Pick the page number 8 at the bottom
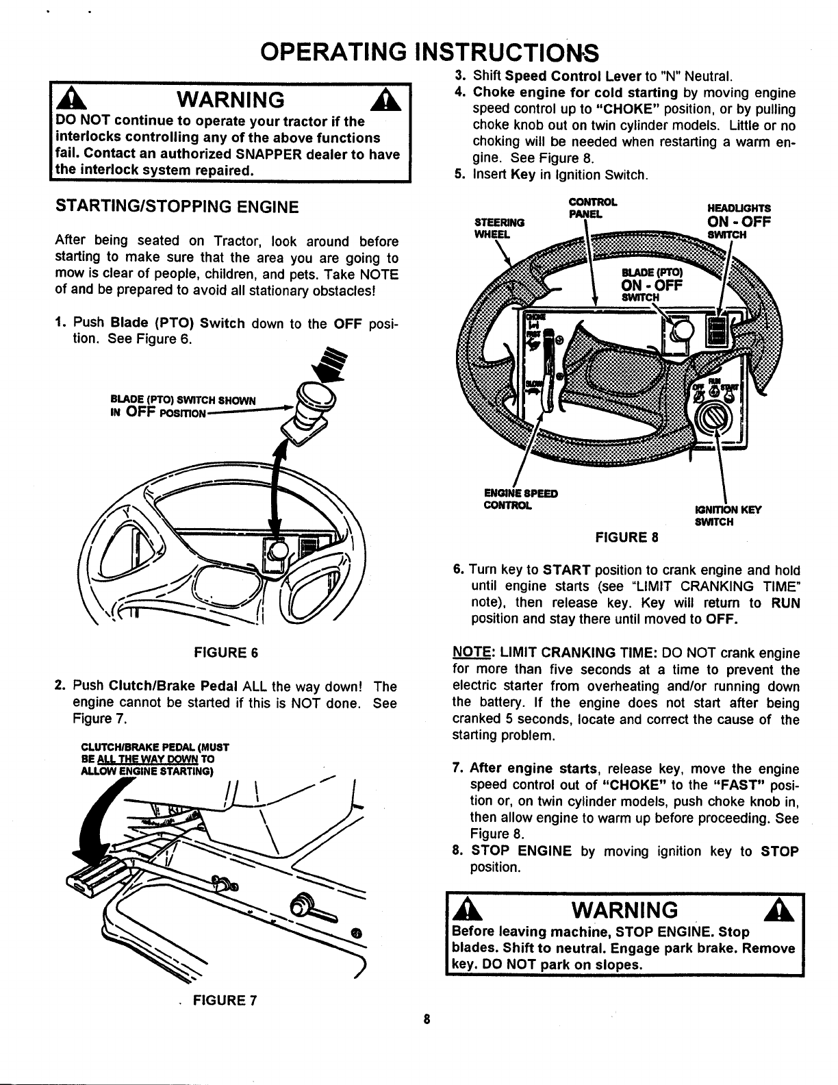[426, 1019]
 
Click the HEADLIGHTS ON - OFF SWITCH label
[739, 221]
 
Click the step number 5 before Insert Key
[460, 175]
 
